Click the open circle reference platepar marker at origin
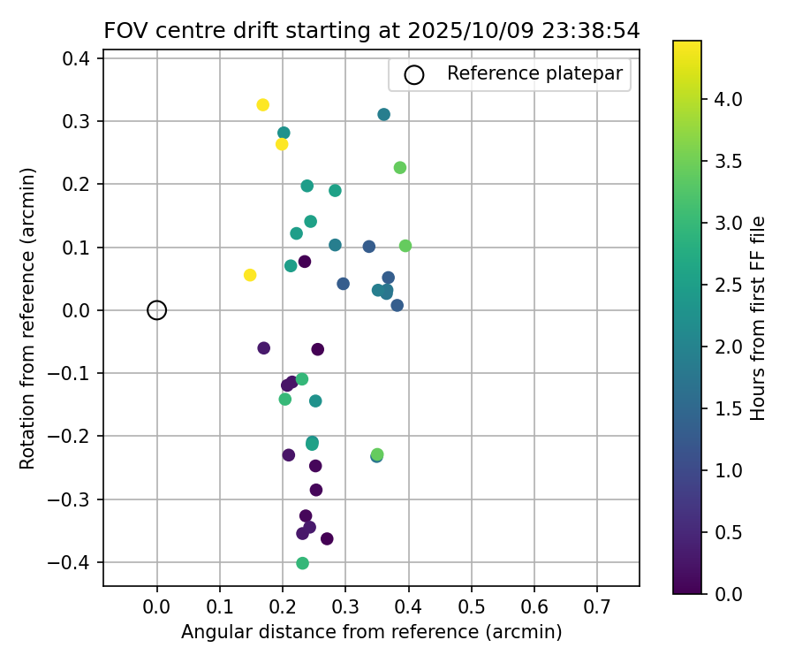[x=156, y=309]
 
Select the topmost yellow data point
[x=262, y=104]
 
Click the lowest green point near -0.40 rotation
[x=302, y=563]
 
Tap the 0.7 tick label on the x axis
[x=596, y=607]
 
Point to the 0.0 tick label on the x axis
[x=156, y=607]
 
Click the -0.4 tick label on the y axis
[x=73, y=562]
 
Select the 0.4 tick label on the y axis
[x=78, y=57]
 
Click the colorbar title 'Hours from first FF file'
[x=757, y=317]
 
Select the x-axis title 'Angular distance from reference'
[x=371, y=632]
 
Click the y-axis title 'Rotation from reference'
[x=28, y=317]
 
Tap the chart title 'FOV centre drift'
[x=371, y=30]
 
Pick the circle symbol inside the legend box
[x=413, y=74]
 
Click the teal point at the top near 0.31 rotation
[x=383, y=114]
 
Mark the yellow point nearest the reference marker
[x=250, y=275]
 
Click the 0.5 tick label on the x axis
[x=471, y=607]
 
